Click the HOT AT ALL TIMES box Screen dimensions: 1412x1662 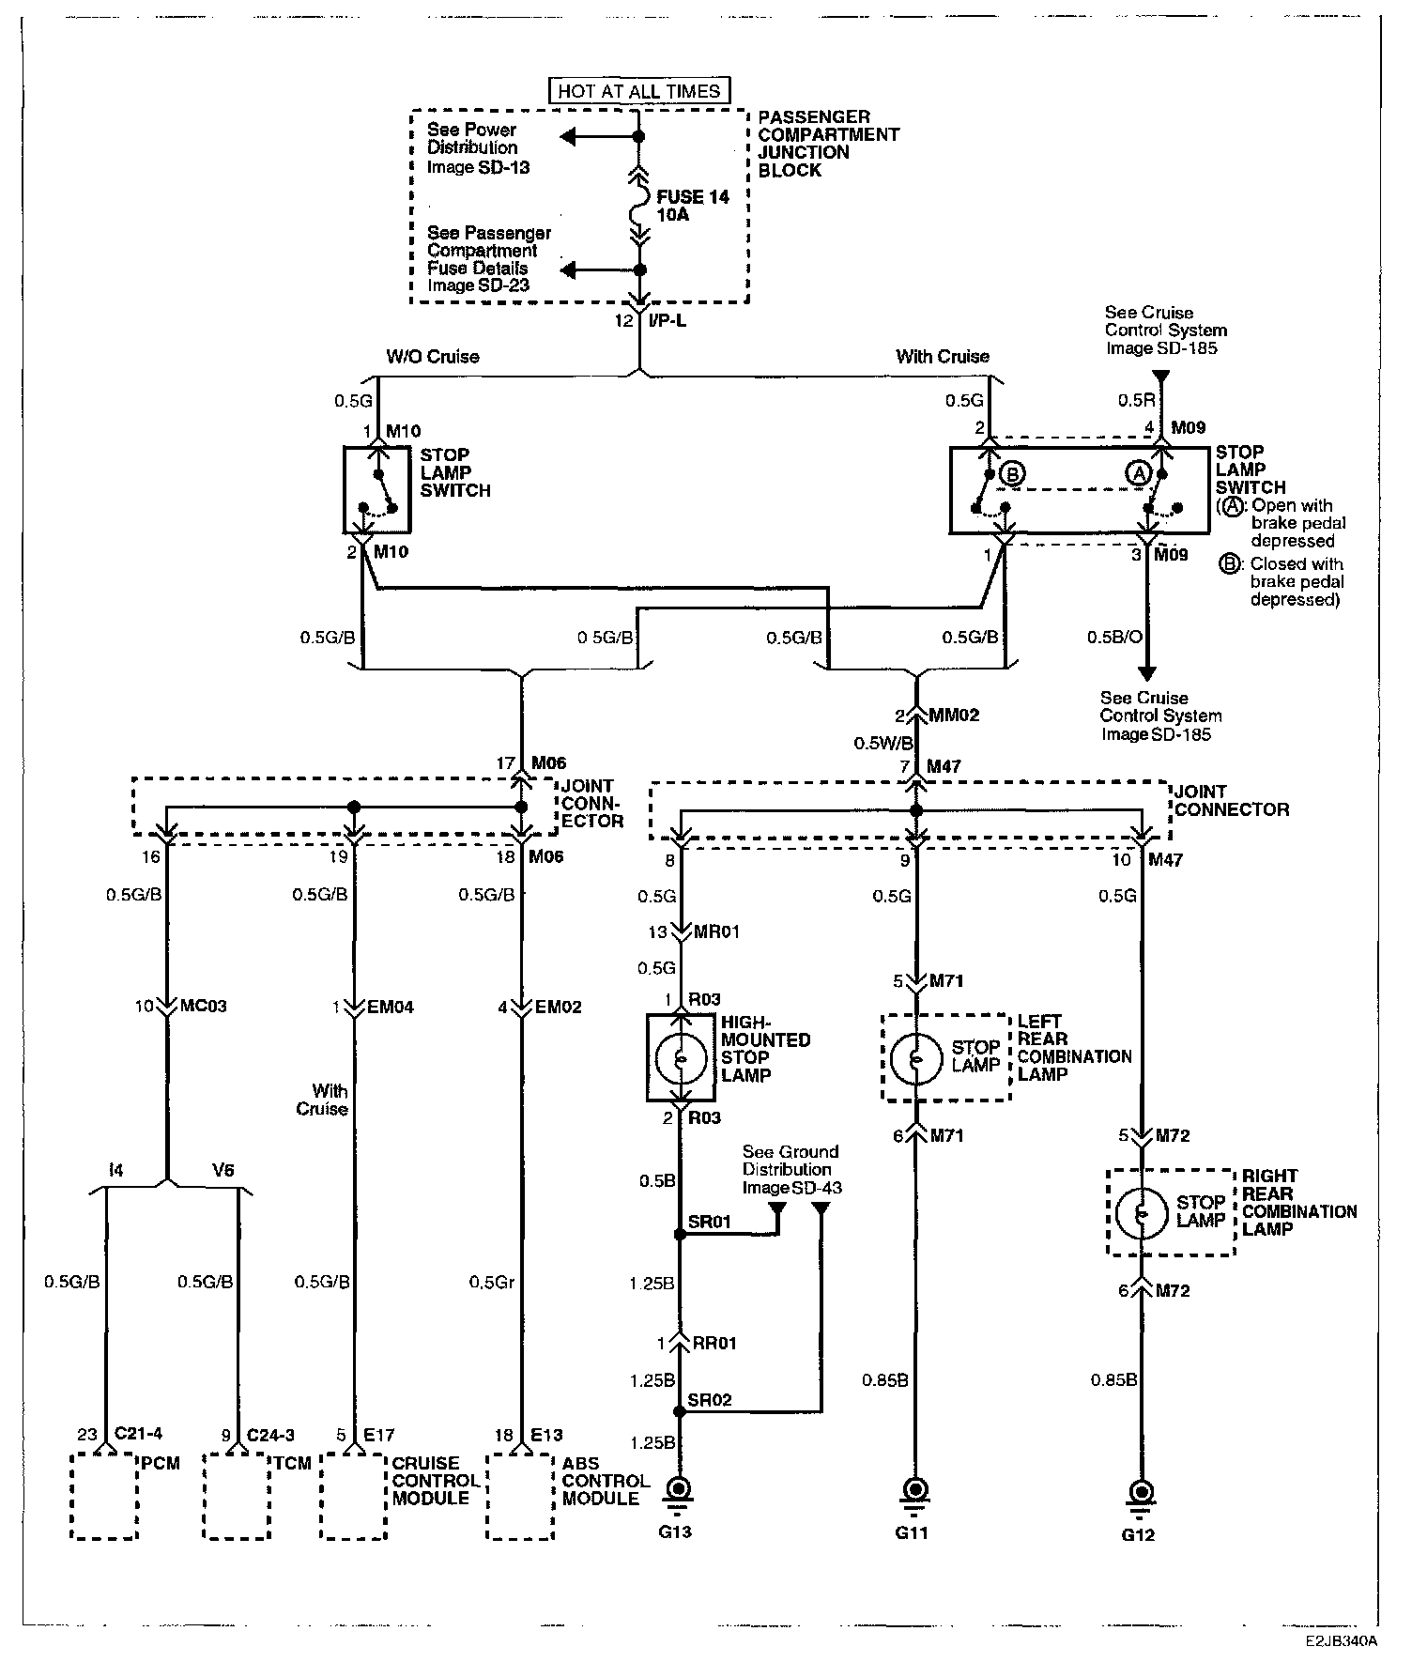point(639,91)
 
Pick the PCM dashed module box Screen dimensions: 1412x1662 point(105,1496)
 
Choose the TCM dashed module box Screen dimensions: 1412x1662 point(238,1496)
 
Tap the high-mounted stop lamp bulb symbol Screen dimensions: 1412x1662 point(681,1057)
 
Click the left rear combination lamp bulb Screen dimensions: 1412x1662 point(915,1058)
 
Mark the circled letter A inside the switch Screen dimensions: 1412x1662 point(1139,475)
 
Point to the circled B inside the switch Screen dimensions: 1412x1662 point(1012,473)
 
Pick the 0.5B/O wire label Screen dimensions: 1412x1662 point(1114,638)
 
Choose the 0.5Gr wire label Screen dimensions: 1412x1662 point(492,1282)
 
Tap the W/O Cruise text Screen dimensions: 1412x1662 point(433,357)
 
